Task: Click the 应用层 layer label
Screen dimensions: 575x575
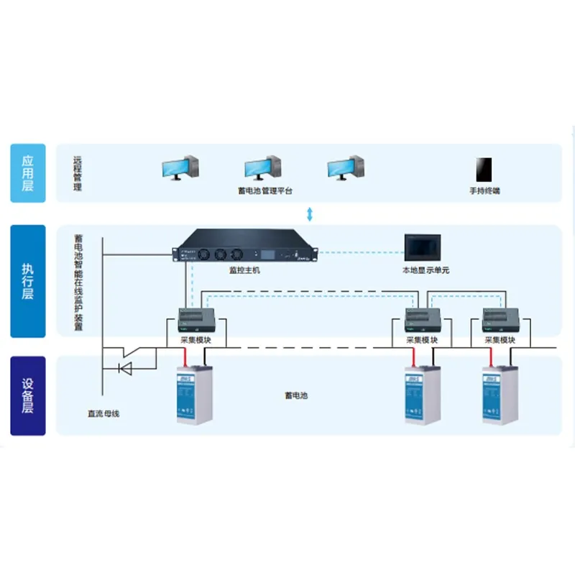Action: (27, 172)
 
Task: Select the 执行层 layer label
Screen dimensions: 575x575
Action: (27, 281)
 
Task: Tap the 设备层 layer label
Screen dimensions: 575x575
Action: (27, 395)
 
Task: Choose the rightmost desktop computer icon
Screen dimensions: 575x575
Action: (346, 168)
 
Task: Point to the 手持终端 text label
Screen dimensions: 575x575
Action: (484, 191)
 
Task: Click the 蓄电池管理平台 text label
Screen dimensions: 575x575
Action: (265, 191)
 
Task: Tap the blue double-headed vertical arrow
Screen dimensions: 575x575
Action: (310, 213)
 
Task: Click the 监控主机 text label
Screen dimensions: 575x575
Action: (243, 270)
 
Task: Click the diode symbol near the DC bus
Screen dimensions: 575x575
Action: (124, 369)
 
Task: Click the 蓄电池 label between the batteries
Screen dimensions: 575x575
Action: (296, 395)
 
